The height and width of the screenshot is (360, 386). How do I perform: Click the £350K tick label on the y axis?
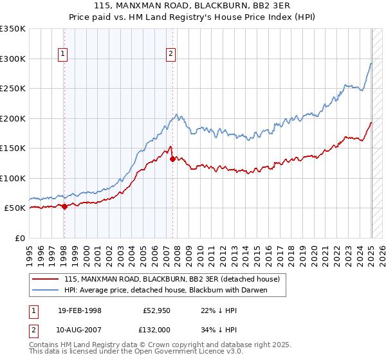coord(13,29)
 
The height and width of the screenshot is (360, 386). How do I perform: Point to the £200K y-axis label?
coord(13,118)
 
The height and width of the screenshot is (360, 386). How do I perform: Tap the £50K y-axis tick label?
coord(15,208)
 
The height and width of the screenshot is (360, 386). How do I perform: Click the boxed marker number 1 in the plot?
coord(64,54)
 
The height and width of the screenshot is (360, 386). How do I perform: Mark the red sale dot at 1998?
coord(64,206)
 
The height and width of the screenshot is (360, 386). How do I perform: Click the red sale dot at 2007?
coord(172,159)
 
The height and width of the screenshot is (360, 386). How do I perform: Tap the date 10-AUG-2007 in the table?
coord(79,329)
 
